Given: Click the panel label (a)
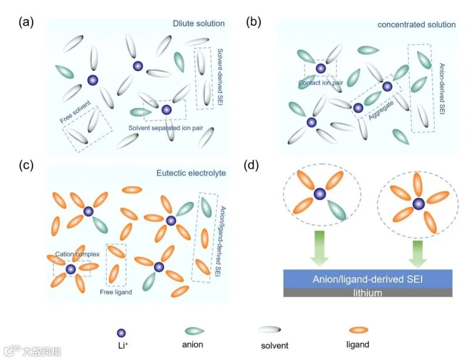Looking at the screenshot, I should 26,22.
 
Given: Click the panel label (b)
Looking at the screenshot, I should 253,22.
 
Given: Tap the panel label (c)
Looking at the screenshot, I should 26,167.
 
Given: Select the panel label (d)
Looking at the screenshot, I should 254,167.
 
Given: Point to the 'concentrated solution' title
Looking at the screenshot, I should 416,24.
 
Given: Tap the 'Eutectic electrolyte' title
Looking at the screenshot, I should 191,173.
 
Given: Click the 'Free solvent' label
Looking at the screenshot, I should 75,112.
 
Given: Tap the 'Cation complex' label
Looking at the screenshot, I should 77,254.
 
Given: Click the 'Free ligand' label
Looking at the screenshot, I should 116,292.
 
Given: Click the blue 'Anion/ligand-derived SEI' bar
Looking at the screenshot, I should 367,279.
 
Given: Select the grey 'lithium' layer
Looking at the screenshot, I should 367,293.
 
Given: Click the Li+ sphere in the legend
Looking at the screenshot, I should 121,333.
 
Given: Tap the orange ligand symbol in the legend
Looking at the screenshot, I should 358,330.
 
